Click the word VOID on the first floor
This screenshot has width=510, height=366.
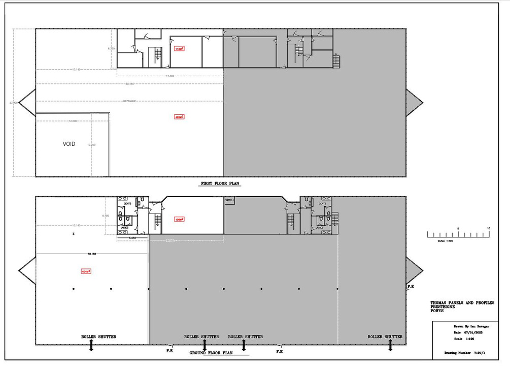(69, 144)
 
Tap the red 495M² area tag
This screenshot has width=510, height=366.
(179, 116)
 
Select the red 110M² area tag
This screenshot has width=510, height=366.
(179, 49)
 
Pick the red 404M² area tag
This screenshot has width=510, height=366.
(85, 271)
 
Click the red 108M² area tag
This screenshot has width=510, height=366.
(179, 220)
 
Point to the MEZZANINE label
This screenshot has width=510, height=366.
(131, 101)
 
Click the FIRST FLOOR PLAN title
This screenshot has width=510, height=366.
(219, 183)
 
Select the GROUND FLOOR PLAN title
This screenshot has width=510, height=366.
(211, 352)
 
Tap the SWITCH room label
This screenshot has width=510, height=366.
(229, 200)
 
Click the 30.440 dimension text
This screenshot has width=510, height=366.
(130, 83)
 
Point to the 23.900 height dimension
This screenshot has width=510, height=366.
(13, 103)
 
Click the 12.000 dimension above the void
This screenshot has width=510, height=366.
(74, 121)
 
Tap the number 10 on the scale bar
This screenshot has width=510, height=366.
(488, 228)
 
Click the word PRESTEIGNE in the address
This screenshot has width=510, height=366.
(445, 307)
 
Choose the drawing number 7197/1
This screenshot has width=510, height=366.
(480, 351)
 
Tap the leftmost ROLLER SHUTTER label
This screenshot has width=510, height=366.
(98, 337)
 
